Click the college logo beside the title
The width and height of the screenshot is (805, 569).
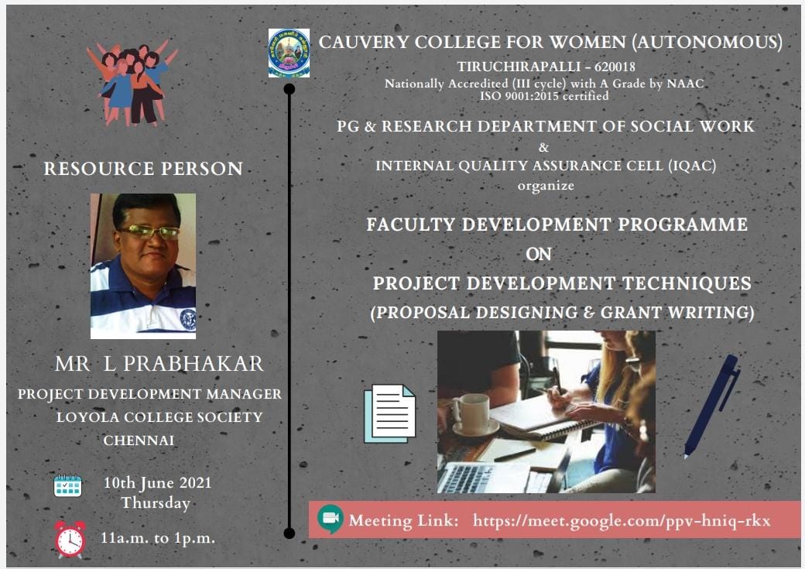289,53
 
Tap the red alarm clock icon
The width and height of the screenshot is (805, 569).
70,540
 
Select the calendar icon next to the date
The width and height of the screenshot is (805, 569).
68,485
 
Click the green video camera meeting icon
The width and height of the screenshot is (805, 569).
330,519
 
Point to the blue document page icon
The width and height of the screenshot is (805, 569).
389,413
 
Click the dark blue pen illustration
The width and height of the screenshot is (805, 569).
711,406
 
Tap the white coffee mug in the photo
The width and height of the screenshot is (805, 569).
472,414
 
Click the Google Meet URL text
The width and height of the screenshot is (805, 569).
622,521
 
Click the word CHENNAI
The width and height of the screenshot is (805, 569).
139,440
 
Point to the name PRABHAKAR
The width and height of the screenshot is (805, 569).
194,364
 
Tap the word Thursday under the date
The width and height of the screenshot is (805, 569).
156,502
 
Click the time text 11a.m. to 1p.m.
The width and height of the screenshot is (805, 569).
158,538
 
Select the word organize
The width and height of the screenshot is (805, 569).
546,186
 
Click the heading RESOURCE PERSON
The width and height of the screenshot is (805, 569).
143,169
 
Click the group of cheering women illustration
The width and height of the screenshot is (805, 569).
132,83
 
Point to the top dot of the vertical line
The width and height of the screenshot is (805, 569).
289,89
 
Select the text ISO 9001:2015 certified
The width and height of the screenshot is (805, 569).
544,96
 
